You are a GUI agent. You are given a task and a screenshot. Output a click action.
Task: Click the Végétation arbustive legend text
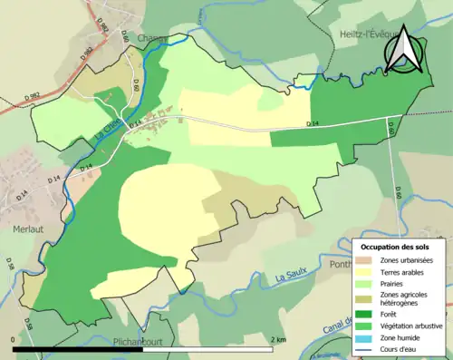coord(415,326)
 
